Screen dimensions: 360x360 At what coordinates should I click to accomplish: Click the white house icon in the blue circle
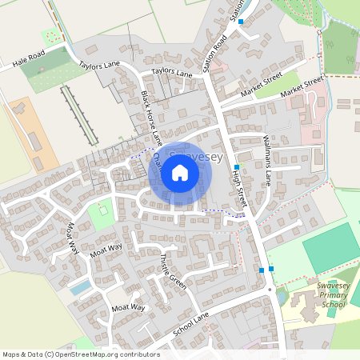(x=180, y=173)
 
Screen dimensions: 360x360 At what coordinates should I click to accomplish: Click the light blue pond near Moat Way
(x=80, y=286)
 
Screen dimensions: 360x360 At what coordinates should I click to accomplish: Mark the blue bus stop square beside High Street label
(x=237, y=167)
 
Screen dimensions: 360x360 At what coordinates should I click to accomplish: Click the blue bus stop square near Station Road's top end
(x=241, y=22)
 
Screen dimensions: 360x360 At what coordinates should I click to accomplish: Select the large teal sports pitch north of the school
(x=330, y=248)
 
